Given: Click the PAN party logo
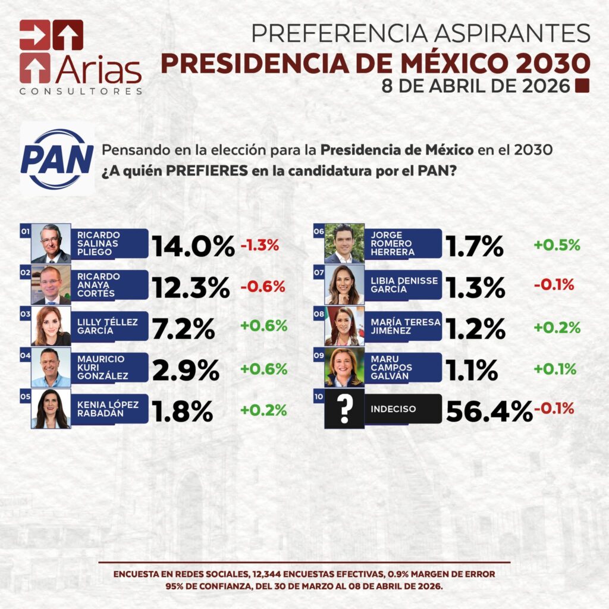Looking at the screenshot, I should point(57,159).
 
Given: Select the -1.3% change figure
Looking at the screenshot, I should point(259,245).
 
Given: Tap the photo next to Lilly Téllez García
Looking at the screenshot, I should point(51,326).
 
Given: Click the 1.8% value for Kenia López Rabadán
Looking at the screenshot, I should point(183,410).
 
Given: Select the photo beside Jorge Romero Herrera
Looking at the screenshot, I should point(344,243).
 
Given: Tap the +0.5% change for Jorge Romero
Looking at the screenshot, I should point(557,245).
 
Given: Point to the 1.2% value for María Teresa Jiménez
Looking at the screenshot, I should point(476,328).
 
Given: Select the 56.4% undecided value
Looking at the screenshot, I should point(489,410).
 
